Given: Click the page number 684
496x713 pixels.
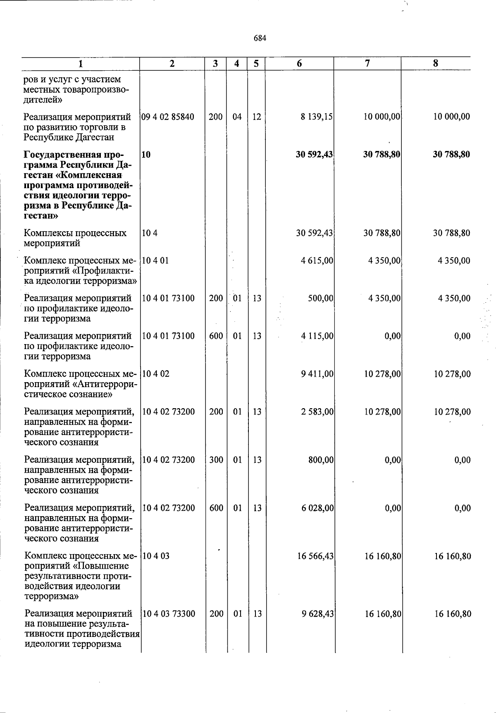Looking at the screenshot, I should pos(260,38).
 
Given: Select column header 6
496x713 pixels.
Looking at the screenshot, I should pos(299,64).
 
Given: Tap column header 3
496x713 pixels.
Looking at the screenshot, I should pos(216,64).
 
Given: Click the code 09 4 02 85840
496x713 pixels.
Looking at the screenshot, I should pos(168,117).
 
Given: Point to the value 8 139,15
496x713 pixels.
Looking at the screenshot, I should pos(317,117).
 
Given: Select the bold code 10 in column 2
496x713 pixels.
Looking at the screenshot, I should pos(145,155).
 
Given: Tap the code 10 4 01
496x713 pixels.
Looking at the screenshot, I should pos(155,261).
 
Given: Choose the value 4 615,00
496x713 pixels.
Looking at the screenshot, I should pos(317,261).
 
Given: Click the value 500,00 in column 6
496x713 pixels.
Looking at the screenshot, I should pos(321,298).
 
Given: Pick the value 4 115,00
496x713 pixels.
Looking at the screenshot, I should pos(317,336).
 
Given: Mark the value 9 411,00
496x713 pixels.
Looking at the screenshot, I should pos(317,374).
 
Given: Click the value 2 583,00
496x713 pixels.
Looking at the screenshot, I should pos(317,412).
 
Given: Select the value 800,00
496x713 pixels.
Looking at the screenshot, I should pos(321,460).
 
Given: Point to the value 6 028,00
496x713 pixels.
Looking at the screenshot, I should pos(317,508).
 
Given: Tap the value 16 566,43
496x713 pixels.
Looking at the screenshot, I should pos(315,556).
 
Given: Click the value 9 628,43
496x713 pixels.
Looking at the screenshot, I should pos(317,614).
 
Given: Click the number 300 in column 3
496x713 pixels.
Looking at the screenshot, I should pos(216,460).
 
